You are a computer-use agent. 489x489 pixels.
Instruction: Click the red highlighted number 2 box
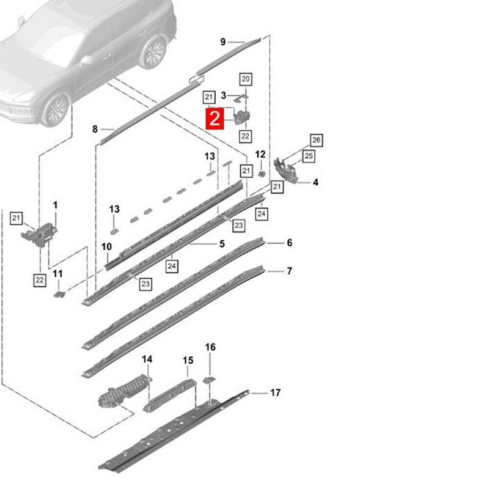[x=215, y=119]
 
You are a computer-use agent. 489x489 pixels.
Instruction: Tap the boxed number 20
[x=246, y=79]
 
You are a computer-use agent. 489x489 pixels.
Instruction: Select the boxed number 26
[x=316, y=140]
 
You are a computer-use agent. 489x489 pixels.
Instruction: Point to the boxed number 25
[x=309, y=156]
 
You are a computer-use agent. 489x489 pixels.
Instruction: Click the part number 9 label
[x=222, y=42]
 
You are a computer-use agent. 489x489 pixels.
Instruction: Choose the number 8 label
[x=95, y=129]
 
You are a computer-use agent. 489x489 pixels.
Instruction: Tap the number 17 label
[x=275, y=392]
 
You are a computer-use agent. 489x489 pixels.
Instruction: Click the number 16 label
[x=210, y=347]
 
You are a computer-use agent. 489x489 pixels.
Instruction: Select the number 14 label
[x=147, y=359]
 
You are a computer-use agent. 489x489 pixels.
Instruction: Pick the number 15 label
[x=188, y=361]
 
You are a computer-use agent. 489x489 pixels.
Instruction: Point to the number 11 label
[x=57, y=274]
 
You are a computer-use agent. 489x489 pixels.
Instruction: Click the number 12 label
[x=260, y=154]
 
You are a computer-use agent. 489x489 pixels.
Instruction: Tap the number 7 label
[x=289, y=271]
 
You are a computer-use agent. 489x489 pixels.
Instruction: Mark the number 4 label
[x=315, y=182]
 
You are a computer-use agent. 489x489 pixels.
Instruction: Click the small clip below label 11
[x=59, y=294]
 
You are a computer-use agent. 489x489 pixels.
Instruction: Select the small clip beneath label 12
[x=262, y=174]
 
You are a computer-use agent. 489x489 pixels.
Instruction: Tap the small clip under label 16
[x=209, y=380]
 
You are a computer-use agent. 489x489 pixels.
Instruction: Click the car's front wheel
[x=55, y=110]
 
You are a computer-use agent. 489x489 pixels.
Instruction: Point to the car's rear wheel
[x=152, y=52]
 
